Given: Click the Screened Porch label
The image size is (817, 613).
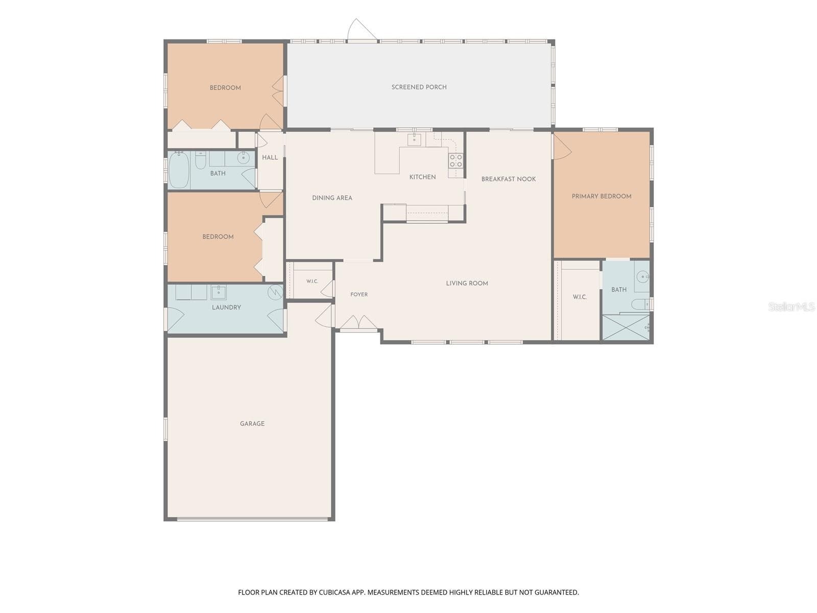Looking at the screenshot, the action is pos(419,87).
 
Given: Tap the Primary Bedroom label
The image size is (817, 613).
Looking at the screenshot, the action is pos(601,196).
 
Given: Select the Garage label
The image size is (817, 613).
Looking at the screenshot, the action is pos(252,423).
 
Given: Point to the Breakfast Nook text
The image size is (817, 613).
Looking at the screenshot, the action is pos(509,179).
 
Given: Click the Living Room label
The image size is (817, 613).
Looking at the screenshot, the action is pos(467,283).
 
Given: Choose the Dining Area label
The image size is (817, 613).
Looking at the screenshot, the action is pos(332,198).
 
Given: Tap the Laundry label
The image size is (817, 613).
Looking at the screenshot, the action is pos(226,308).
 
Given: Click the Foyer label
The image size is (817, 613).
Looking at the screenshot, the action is pos(359,294).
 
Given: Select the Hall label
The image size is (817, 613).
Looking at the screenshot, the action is pos(270,157).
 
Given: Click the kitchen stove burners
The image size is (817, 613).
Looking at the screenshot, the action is pos(455,161).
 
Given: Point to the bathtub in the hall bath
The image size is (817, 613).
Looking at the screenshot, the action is pos(179,170).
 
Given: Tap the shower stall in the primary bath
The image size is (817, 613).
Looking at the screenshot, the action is pos(626,327).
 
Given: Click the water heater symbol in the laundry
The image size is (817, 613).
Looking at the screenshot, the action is pos(275,292).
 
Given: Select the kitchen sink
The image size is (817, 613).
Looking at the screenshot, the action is pos(414,139).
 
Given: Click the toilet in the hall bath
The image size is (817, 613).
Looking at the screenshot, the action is pos(200,160).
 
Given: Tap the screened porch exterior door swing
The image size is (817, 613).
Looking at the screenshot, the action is pos(362,29).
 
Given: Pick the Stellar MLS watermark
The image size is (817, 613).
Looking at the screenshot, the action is pos(791,306).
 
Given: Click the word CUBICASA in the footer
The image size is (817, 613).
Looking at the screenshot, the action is pos(334,592).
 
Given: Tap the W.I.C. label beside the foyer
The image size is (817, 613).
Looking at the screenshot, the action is pos(312,281).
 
